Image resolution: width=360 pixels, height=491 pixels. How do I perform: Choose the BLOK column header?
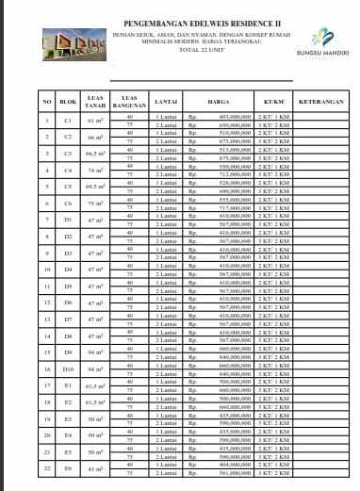[67, 101]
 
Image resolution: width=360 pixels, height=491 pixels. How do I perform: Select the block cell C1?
[67, 121]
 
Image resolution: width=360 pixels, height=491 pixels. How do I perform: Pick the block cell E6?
[67, 468]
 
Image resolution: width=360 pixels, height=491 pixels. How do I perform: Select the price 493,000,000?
[224, 117]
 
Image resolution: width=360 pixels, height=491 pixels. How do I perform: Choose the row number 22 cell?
[46, 468]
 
